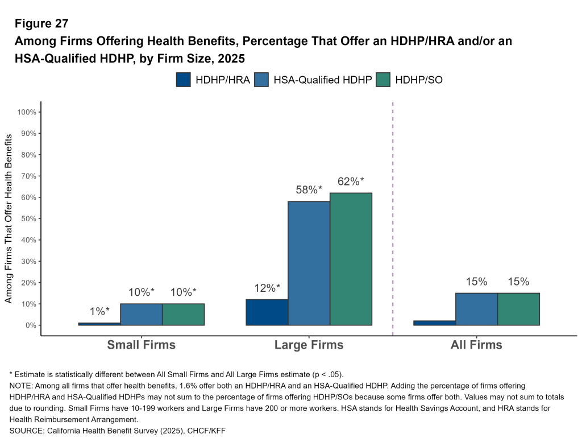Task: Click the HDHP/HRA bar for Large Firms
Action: (267, 312)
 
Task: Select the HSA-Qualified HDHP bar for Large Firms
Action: (309, 263)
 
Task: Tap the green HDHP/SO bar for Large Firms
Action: (351, 259)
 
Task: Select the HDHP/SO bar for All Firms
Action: (518, 309)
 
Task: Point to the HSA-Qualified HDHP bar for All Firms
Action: (476, 309)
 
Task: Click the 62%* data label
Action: (351, 182)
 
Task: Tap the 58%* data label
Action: (309, 191)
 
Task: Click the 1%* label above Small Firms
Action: (99, 311)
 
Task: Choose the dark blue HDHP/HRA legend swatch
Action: (184, 80)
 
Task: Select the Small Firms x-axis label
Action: (142, 345)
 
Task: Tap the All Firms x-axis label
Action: (476, 345)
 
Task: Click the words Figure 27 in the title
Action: (41, 24)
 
